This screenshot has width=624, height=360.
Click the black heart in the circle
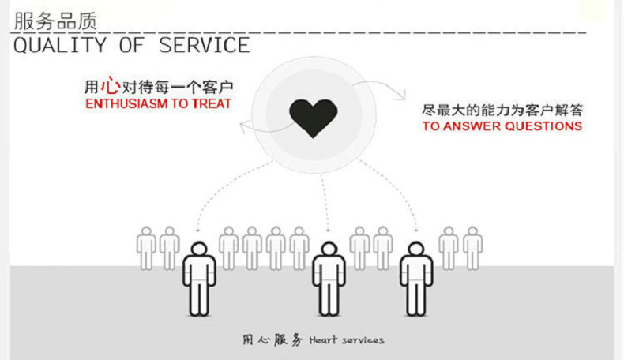pyautogui.click(x=314, y=117)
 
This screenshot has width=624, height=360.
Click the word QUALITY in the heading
pyautogui.click(x=59, y=45)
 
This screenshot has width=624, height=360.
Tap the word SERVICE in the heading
pyautogui.click(x=205, y=45)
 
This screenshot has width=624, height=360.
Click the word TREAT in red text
pyautogui.click(x=212, y=103)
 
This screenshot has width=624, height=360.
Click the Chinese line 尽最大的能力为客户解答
pyautogui.click(x=502, y=110)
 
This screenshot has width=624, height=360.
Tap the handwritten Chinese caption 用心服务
pyautogui.click(x=272, y=340)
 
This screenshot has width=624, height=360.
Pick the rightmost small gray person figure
pyautogui.click(x=472, y=249)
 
